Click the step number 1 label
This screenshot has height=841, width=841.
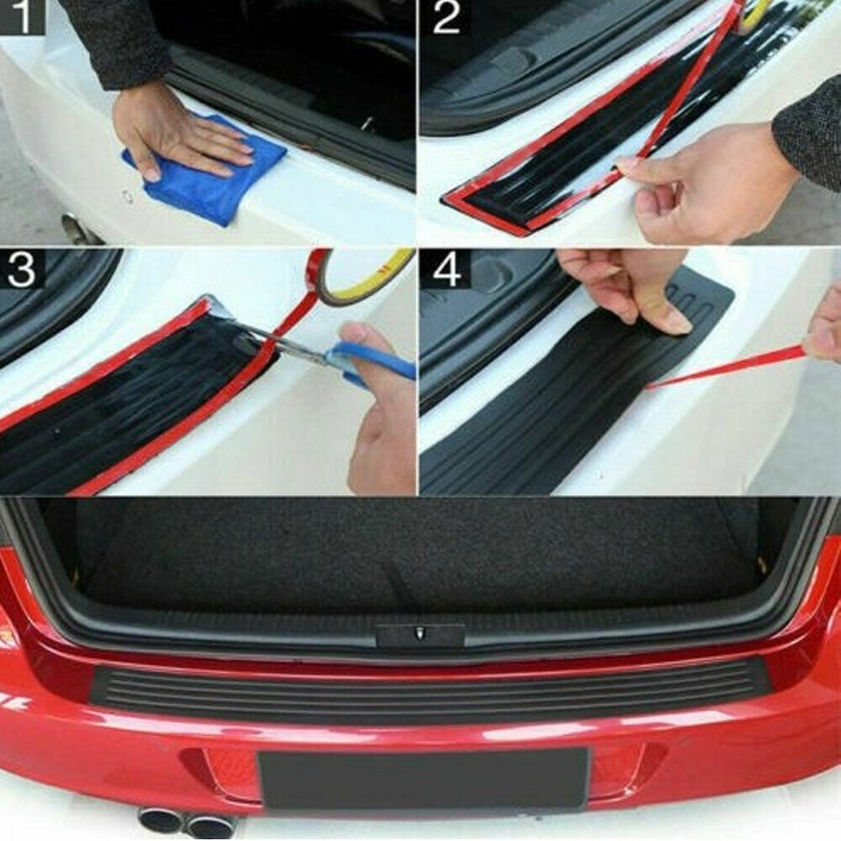[x=20, y=17]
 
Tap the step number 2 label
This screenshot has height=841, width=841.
[x=446, y=17]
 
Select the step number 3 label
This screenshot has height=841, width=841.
[x=20, y=270]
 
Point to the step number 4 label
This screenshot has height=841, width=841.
[x=446, y=270]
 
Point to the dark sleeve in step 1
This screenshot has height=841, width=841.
[x=118, y=39]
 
